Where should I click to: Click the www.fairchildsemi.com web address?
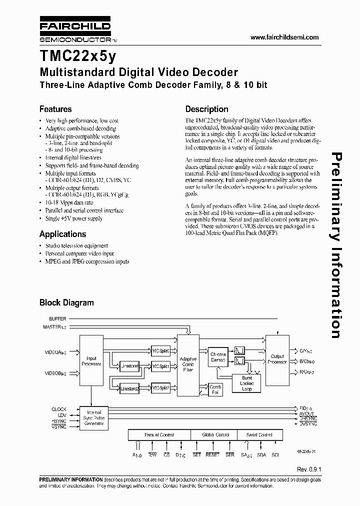click(284, 37)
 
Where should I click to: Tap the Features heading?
click(55, 109)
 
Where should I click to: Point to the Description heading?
click(206, 109)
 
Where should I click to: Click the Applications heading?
click(62, 234)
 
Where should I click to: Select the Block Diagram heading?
click(66, 302)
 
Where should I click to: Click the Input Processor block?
click(91, 361)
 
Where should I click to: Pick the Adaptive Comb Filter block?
click(189, 364)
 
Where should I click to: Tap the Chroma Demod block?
click(218, 357)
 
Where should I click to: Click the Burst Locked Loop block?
click(246, 383)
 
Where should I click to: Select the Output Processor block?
click(276, 358)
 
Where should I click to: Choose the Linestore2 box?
click(129, 387)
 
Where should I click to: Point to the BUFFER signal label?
click(57, 319)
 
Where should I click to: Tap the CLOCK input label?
click(58, 409)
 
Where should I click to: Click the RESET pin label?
click(212, 454)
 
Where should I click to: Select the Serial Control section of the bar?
click(259, 435)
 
